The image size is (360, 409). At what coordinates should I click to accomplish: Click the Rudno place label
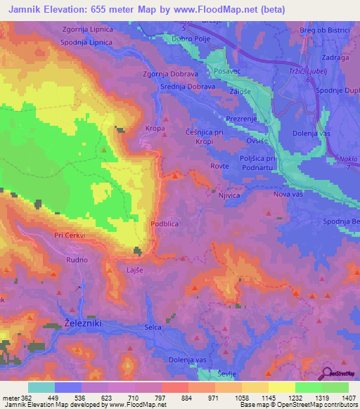77,259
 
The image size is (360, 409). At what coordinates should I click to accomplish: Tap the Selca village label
153,327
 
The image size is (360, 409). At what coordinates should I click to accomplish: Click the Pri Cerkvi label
69,236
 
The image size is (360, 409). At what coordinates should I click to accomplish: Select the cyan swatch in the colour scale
41,387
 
